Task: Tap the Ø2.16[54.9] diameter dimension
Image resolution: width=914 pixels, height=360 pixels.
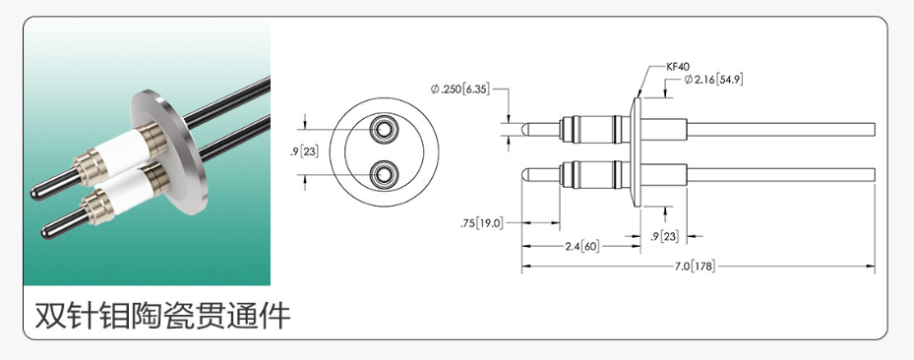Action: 714,79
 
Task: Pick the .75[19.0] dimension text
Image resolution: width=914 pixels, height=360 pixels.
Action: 481,222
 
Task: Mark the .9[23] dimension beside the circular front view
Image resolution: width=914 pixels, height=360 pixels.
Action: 304,152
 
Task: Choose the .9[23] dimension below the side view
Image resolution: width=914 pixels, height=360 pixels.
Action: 664,236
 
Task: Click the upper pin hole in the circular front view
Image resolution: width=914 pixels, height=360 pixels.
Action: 384,129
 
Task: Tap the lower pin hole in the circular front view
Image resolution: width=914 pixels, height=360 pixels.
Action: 384,173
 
